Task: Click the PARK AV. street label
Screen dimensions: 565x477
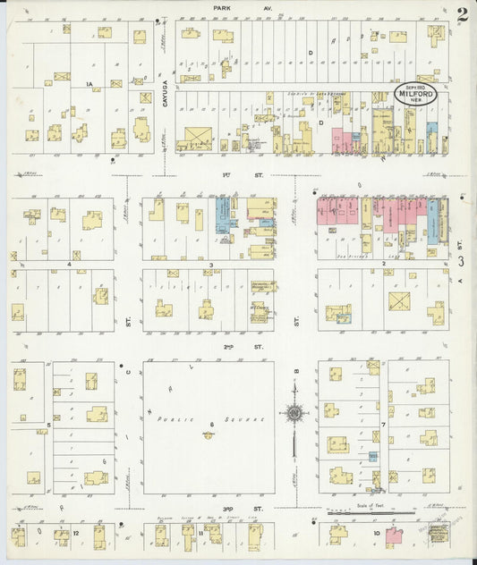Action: [x=231, y=8]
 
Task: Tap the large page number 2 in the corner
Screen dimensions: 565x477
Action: [x=461, y=15]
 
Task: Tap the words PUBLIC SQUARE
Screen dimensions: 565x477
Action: [x=188, y=419]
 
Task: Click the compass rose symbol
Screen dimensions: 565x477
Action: [x=294, y=413]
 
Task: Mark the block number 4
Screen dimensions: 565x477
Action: [x=69, y=266]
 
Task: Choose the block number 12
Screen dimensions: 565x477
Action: [x=77, y=533]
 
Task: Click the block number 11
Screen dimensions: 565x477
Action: [x=202, y=533]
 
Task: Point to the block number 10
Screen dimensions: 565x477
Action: [x=378, y=533]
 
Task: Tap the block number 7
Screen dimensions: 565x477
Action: [x=383, y=424]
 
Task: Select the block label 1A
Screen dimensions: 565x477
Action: [x=89, y=84]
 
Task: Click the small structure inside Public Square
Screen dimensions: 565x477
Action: [x=208, y=435]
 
